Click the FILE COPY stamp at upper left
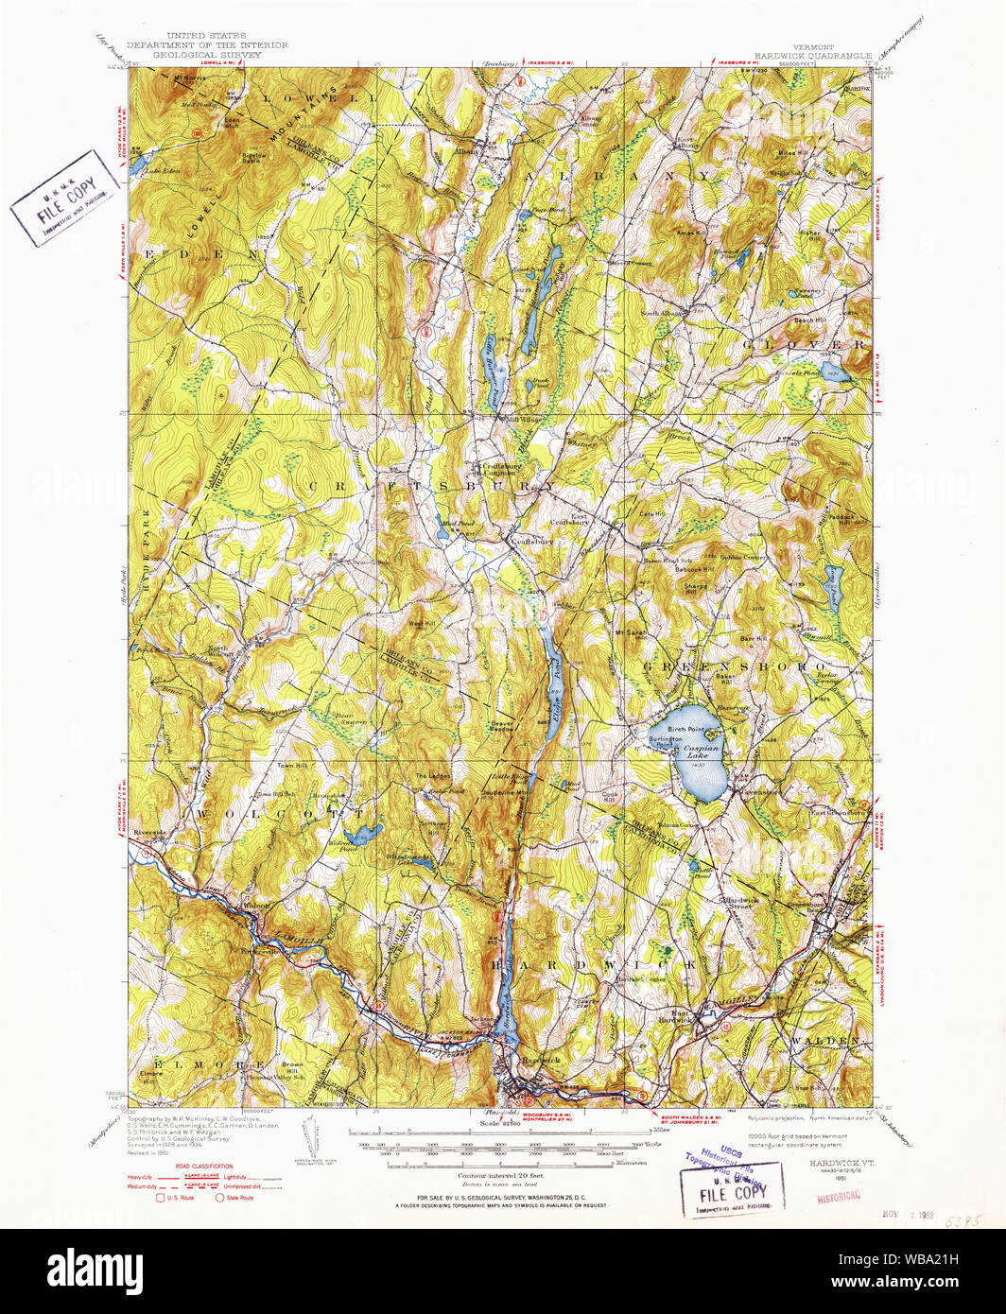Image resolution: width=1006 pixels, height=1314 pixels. click(65, 198)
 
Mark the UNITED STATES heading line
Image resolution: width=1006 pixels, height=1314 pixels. click(206, 36)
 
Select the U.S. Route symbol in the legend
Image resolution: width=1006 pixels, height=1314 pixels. click(161, 1198)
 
